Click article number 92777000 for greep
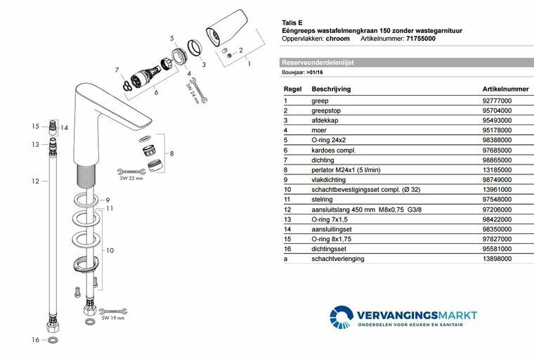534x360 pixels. pos(497,101)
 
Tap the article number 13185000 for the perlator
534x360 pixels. pos(497,170)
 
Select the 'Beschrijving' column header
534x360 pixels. pos(331,89)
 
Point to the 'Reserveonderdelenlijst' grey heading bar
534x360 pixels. pos(318,62)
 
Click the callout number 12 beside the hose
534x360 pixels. pos(34,181)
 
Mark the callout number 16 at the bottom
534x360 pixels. pos(34,340)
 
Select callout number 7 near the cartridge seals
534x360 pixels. pos(117,70)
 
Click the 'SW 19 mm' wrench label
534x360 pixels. pos(113,319)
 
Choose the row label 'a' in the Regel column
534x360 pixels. pos(285,259)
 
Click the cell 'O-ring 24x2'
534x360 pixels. pos(327,141)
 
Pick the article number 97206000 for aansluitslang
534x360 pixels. pos(497,210)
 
